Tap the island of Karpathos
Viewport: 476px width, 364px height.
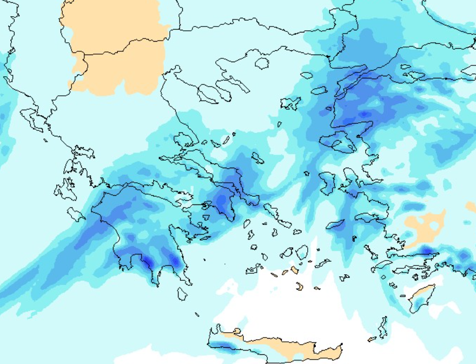click(383, 328)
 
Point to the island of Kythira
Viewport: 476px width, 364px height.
click(182, 293)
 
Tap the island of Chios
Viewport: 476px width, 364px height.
click(327, 182)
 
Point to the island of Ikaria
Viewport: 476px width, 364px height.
click(335, 224)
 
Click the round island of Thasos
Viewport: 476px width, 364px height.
click(262, 63)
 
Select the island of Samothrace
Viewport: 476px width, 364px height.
click(307, 75)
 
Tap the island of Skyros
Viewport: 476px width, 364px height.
click(257, 158)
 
